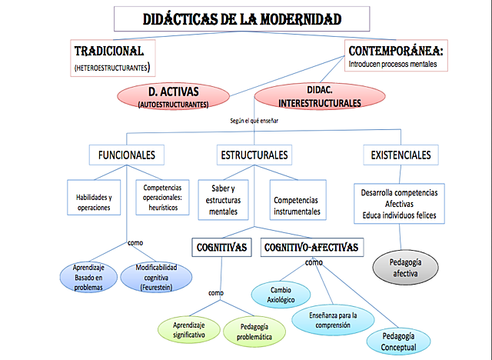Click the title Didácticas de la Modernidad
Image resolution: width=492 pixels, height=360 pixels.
(x=242, y=18)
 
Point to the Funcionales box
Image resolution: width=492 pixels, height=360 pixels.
(x=126, y=155)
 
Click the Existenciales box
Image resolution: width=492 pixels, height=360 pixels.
(x=401, y=155)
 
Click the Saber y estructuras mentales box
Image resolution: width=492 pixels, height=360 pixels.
(x=224, y=199)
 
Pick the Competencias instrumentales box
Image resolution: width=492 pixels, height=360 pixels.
(x=297, y=205)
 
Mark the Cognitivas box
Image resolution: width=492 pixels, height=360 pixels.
(x=221, y=248)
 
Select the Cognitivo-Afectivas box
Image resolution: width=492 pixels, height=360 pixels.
(x=312, y=248)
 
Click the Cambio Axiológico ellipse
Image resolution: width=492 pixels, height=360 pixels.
(x=282, y=295)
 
